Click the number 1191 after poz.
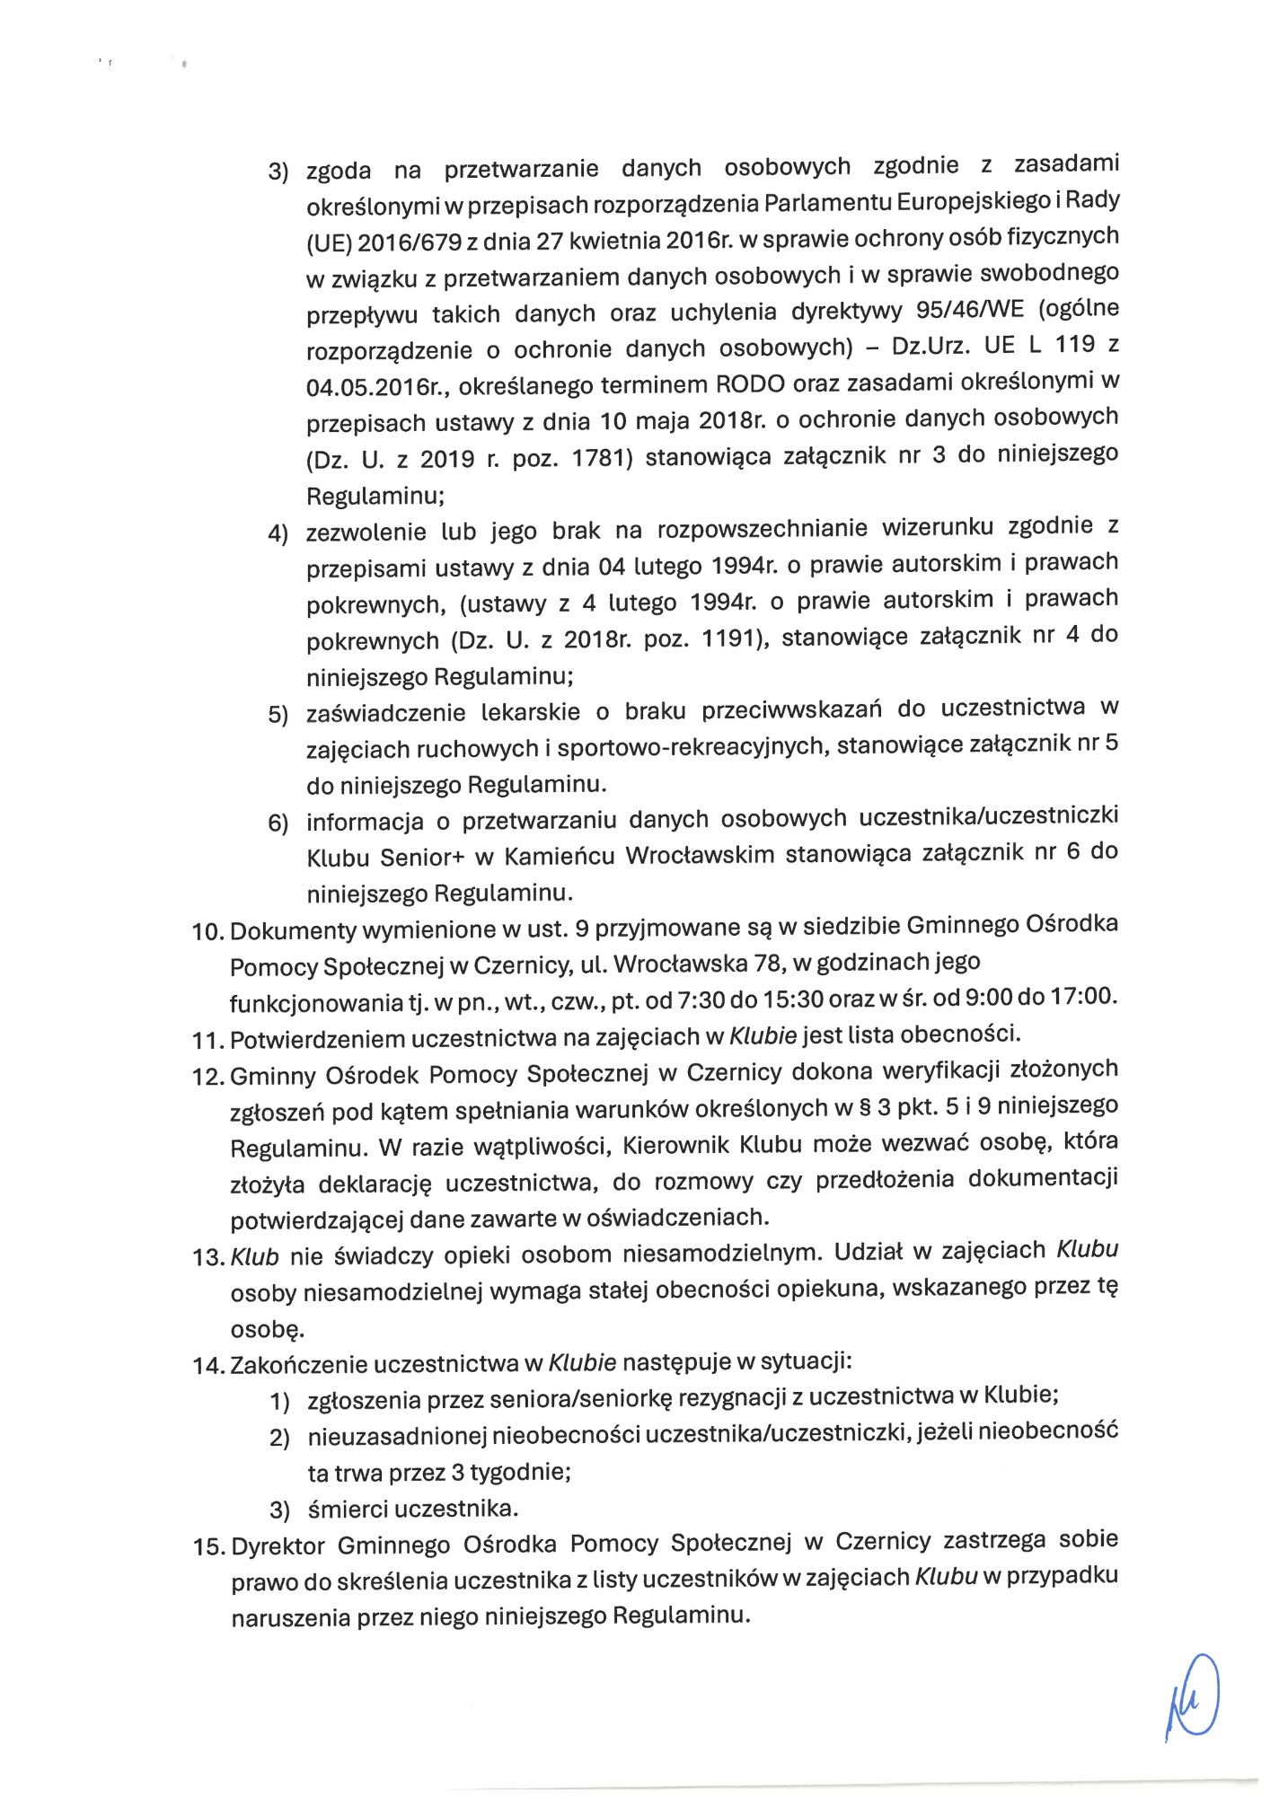734,638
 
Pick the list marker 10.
207,932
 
